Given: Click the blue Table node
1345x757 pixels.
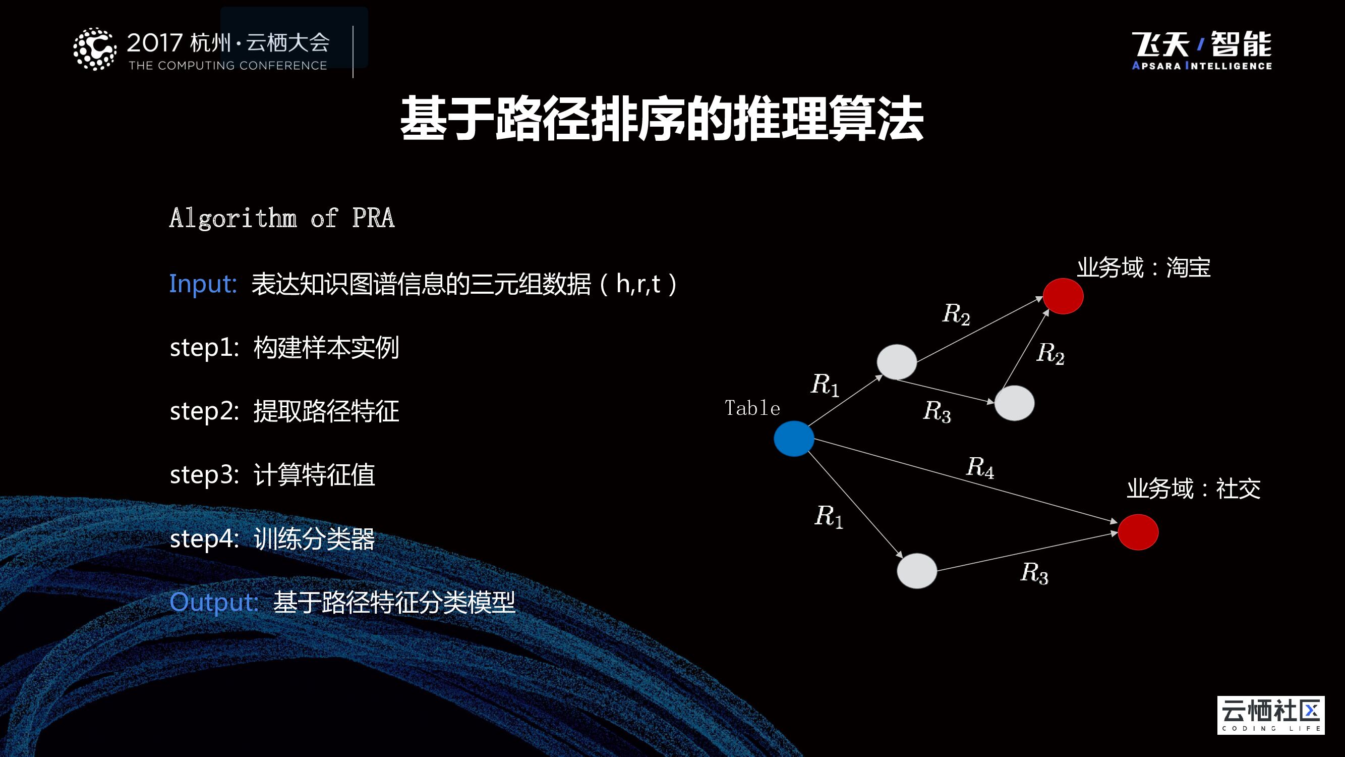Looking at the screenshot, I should click(x=794, y=439).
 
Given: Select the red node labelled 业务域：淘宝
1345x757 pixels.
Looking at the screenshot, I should click(x=1063, y=296).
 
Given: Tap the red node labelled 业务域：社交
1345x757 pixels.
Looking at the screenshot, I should click(x=1138, y=532).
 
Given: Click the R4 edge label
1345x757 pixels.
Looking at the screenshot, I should click(x=980, y=467).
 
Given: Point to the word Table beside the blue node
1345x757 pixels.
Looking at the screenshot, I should click(x=752, y=408).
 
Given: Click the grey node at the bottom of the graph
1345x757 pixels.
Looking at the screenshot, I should click(x=916, y=570).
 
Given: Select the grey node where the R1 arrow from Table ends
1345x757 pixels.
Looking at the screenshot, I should click(x=897, y=361).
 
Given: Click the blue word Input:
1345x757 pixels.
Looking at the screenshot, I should click(x=203, y=284).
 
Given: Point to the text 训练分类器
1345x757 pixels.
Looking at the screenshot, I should click(x=314, y=538).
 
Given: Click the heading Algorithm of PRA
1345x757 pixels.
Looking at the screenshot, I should click(x=282, y=218).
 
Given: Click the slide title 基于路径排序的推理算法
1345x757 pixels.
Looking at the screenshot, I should click(x=662, y=119).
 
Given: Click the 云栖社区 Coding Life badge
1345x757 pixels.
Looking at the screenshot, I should click(x=1270, y=715).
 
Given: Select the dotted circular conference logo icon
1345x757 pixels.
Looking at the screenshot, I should click(x=94, y=49).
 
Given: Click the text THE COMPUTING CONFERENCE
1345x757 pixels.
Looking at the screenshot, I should click(x=227, y=66).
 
